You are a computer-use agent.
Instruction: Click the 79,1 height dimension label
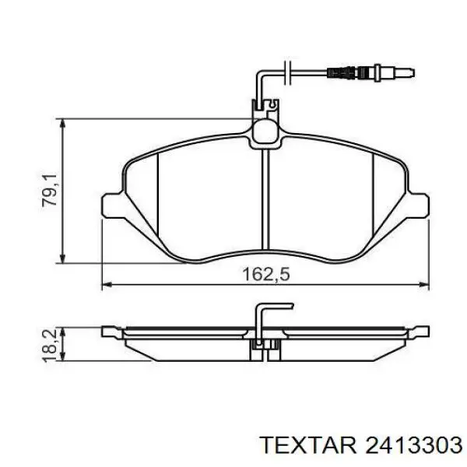[x=49, y=191]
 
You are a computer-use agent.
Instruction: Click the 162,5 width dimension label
[x=265, y=274]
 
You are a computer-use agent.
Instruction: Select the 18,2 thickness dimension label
[x=49, y=346]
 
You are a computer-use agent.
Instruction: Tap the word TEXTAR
[x=308, y=445]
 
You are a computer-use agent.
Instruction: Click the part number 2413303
[x=414, y=445]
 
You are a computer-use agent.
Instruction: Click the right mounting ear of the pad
[x=419, y=205]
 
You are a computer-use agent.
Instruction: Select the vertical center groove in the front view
[x=265, y=199]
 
